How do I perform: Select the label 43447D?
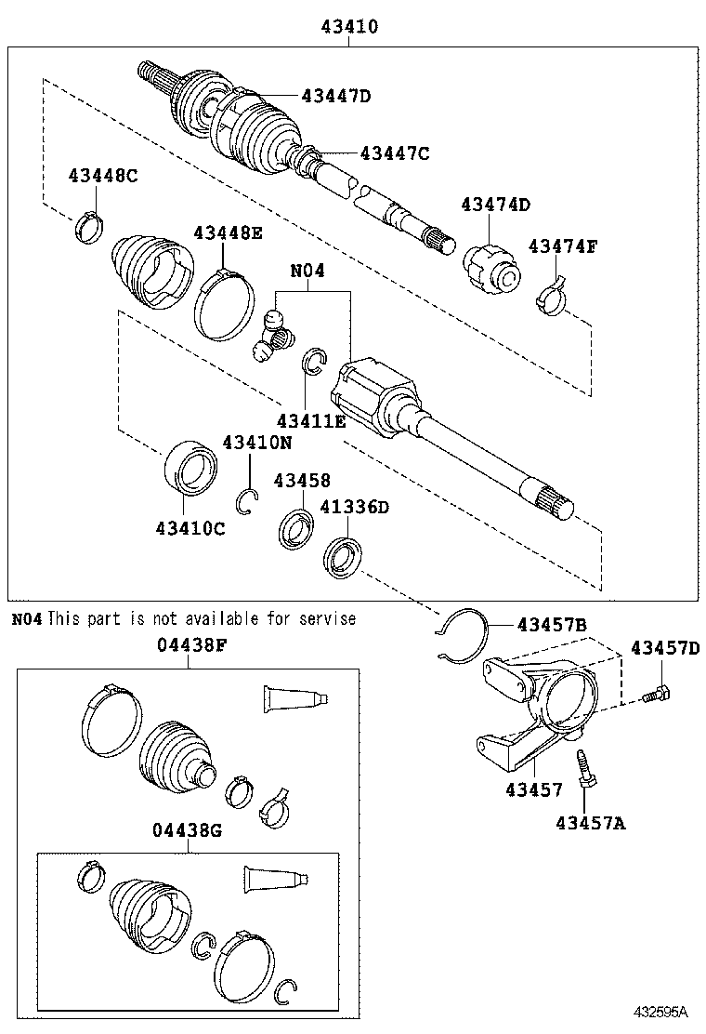[335, 95]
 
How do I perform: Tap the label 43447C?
[395, 153]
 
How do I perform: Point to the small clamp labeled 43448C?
[89, 226]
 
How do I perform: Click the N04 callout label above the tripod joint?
[307, 272]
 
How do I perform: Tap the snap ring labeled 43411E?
[313, 362]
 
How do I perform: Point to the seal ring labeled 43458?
[295, 526]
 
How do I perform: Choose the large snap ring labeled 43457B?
[460, 638]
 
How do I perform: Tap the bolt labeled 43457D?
[658, 694]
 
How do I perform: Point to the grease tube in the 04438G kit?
[275, 878]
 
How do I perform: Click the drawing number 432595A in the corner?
[660, 1011]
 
